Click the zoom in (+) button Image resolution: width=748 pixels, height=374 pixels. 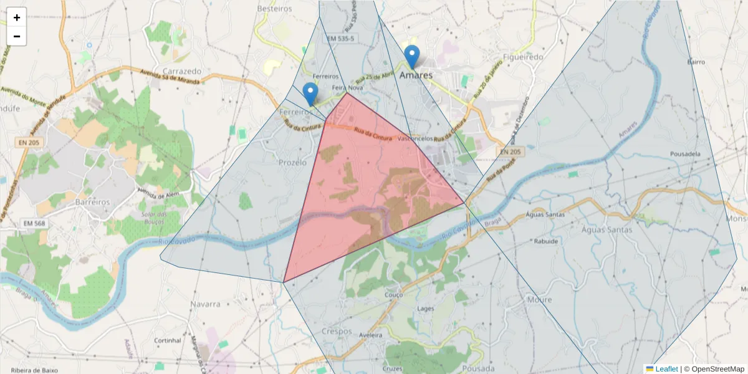[x=17, y=17]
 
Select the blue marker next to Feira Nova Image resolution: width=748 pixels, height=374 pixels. [x=310, y=94]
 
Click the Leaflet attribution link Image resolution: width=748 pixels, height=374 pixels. [x=666, y=369]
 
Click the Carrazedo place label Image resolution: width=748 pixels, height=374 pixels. [x=181, y=71]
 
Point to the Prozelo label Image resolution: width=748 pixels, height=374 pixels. [x=293, y=162]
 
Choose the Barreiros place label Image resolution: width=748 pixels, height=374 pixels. [x=92, y=203]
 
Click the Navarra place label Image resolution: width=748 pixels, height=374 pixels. [x=206, y=304]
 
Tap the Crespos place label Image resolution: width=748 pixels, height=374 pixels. [x=337, y=331]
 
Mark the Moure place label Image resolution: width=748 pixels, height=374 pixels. [x=539, y=300]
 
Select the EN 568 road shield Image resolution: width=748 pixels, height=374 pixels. [x=34, y=223]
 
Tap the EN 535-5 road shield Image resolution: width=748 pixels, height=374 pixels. [x=340, y=39]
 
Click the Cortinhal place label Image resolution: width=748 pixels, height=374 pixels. [x=168, y=341]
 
